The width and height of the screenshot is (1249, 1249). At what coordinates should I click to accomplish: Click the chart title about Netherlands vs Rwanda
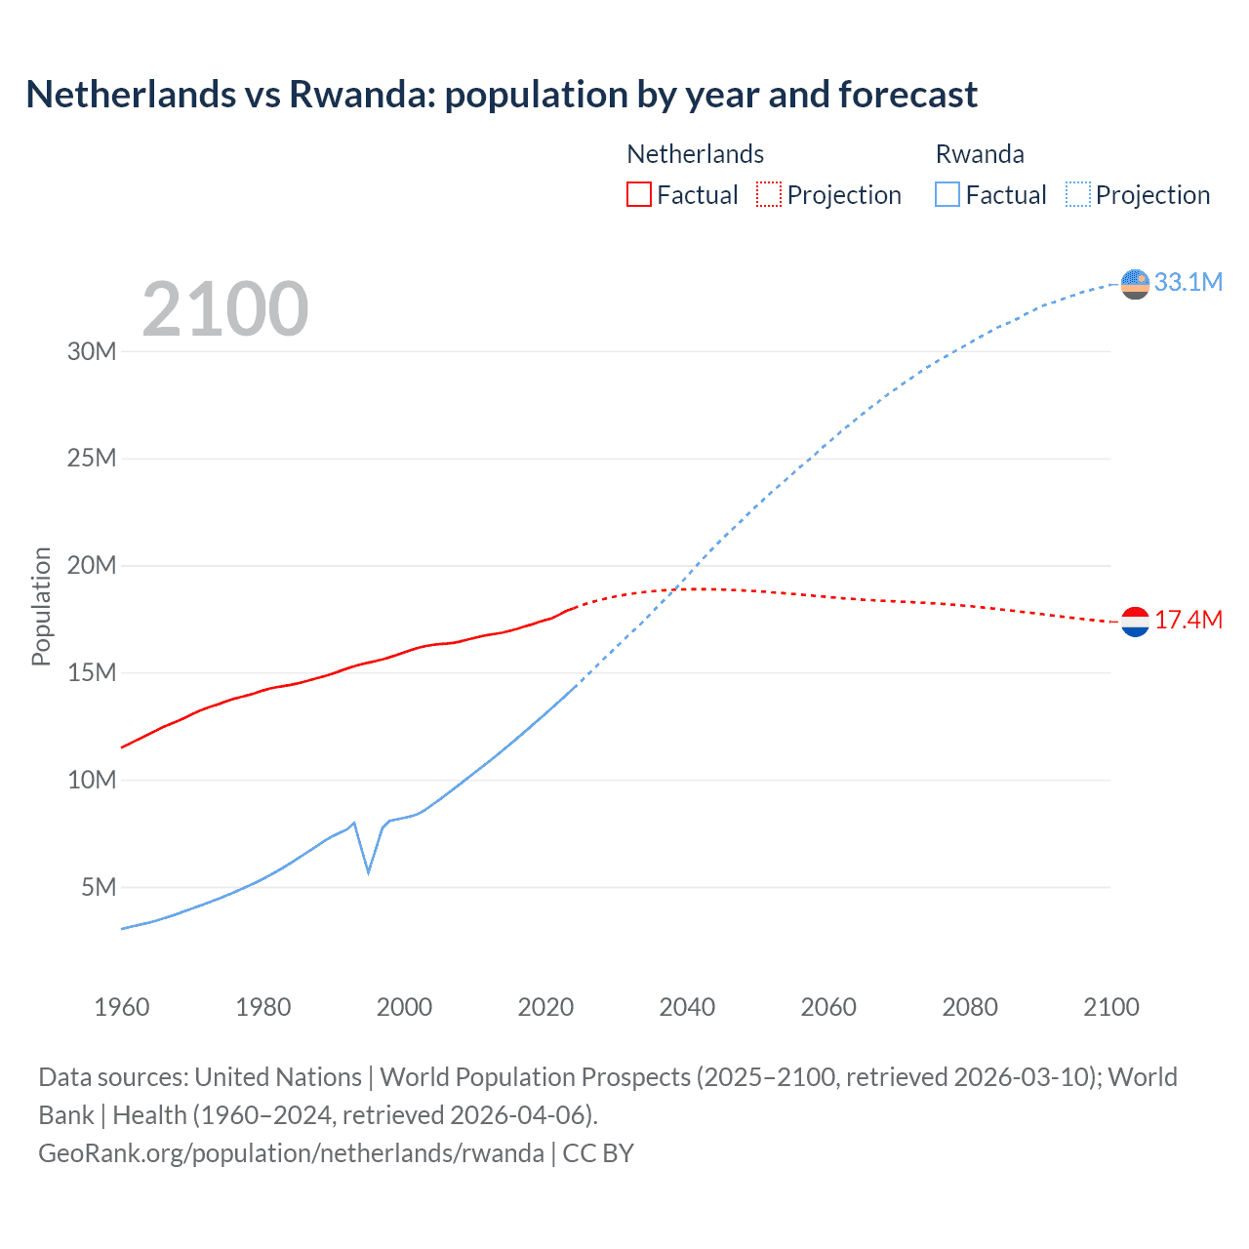502,95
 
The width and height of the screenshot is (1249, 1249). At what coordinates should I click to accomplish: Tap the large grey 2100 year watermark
225,309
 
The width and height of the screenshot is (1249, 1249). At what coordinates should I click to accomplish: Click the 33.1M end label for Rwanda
1188,282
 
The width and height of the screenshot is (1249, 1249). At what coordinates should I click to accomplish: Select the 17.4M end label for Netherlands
1188,620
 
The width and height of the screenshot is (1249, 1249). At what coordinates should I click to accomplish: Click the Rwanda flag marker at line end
1135,284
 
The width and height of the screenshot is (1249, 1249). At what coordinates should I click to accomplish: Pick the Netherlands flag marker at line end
1135,622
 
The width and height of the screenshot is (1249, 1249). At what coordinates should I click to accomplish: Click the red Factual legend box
638,194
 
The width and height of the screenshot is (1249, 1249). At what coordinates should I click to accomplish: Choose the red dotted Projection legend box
769,194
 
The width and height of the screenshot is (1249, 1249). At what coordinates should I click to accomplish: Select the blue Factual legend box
947,194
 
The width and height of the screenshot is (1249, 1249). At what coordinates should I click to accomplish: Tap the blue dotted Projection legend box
1078,194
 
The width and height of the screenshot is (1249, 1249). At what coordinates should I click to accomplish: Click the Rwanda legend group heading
980,154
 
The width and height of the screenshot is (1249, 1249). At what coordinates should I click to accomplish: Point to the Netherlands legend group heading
695,154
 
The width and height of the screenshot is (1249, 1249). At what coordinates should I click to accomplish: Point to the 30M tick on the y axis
92,351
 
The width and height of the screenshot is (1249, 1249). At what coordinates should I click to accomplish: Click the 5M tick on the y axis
99,887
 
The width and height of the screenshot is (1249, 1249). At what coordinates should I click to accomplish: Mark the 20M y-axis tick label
92,565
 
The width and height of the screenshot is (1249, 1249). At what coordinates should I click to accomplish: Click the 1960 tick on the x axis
122,1007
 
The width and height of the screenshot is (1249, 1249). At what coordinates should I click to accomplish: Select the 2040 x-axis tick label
687,1007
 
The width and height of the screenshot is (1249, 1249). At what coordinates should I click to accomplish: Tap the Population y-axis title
41,606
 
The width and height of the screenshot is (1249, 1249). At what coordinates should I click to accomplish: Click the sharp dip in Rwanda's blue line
368,870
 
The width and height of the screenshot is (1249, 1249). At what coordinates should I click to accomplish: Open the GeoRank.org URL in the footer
291,1153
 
